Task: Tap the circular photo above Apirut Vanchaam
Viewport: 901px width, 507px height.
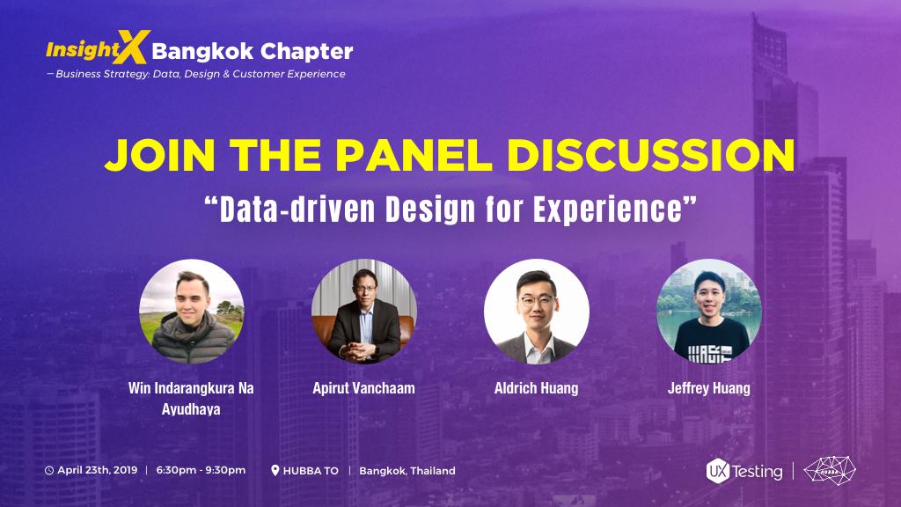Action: point(363,312)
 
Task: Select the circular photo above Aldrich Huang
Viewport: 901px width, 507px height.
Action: point(536,312)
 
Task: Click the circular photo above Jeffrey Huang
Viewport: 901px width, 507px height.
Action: point(708,312)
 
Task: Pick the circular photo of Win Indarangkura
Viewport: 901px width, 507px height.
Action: point(191,312)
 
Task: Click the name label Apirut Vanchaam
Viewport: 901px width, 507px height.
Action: point(363,388)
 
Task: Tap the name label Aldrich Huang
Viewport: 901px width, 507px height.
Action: point(536,388)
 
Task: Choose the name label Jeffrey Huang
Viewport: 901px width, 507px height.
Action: point(708,388)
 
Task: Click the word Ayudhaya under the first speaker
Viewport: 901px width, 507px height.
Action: point(191,409)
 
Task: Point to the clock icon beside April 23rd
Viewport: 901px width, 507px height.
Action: point(49,471)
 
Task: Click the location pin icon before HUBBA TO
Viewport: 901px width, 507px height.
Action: point(275,471)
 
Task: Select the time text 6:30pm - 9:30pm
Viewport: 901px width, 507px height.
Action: point(201,471)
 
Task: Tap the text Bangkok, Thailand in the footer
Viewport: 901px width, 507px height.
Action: point(407,471)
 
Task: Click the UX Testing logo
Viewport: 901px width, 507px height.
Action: point(744,471)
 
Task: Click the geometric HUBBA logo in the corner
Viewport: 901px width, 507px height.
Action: point(830,470)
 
